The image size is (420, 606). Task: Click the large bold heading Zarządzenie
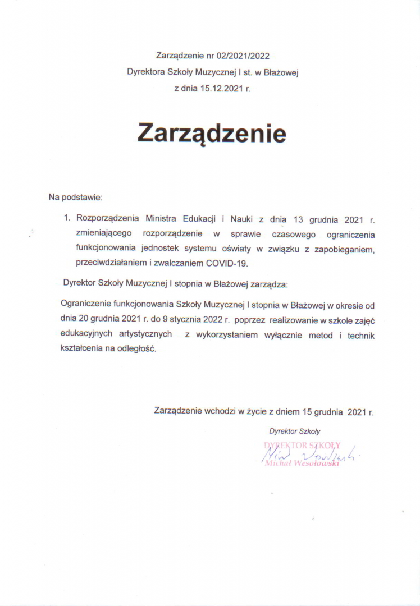(212, 134)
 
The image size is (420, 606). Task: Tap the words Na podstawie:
(76, 197)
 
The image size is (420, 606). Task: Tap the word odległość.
(136, 349)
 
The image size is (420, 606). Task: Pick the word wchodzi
(219, 411)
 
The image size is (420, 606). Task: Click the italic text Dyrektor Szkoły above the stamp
(294, 431)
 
